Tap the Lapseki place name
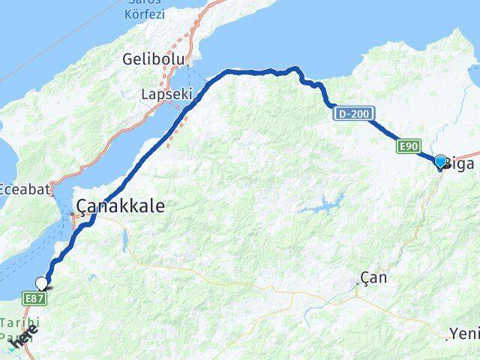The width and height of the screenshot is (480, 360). point(167,95)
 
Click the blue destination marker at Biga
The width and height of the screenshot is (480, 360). point(440,161)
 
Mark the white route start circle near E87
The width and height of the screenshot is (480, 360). point(42,283)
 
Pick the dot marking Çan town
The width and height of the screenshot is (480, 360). point(358,284)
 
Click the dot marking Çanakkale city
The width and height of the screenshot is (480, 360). point(73,215)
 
